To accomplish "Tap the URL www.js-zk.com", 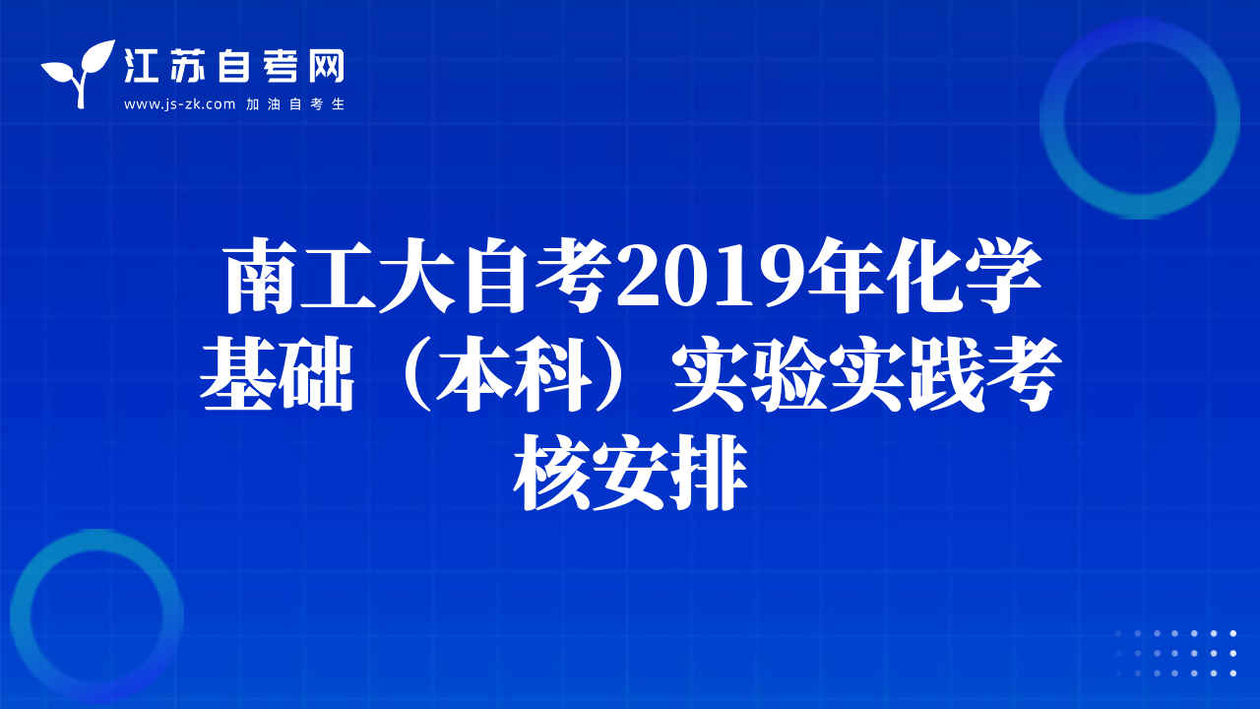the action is pyautogui.click(x=179, y=104).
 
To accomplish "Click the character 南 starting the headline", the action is pyautogui.click(x=261, y=276).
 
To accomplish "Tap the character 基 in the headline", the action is pyautogui.click(x=237, y=374).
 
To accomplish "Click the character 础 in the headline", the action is pyautogui.click(x=316, y=374).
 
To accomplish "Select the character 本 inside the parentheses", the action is pyautogui.click(x=472, y=374).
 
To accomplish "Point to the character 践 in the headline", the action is pyautogui.click(x=944, y=374).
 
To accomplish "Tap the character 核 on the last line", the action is pyautogui.click(x=551, y=473).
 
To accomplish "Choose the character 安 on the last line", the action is pyautogui.click(x=630, y=473).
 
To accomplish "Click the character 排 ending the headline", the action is pyautogui.click(x=709, y=473).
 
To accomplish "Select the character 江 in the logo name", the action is pyautogui.click(x=142, y=66).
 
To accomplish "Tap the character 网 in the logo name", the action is pyautogui.click(x=326, y=66).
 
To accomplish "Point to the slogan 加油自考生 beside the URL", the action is pyautogui.click(x=295, y=104).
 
